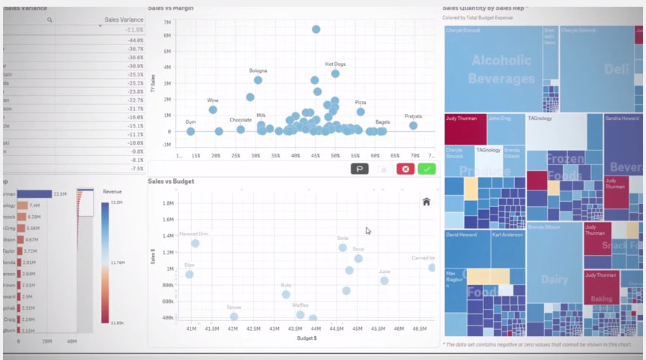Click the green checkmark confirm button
tap(426, 169)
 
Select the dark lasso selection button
tap(359, 169)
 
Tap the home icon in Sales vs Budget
tap(426, 201)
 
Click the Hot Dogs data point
tap(336, 73)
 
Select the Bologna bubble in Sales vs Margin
tap(258, 79)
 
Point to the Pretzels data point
tap(413, 125)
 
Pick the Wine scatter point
tap(213, 109)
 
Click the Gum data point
tap(190, 131)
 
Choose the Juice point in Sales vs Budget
tap(384, 280)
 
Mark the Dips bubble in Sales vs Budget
tap(190, 274)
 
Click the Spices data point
tap(234, 316)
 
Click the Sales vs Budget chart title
tap(171, 181)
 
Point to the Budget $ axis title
tap(307, 338)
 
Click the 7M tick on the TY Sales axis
tap(167, 22)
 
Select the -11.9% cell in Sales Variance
tap(134, 30)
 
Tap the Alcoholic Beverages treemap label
tap(501, 69)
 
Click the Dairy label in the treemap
tap(555, 279)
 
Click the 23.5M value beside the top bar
tap(61, 193)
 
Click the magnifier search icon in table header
tap(49, 19)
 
